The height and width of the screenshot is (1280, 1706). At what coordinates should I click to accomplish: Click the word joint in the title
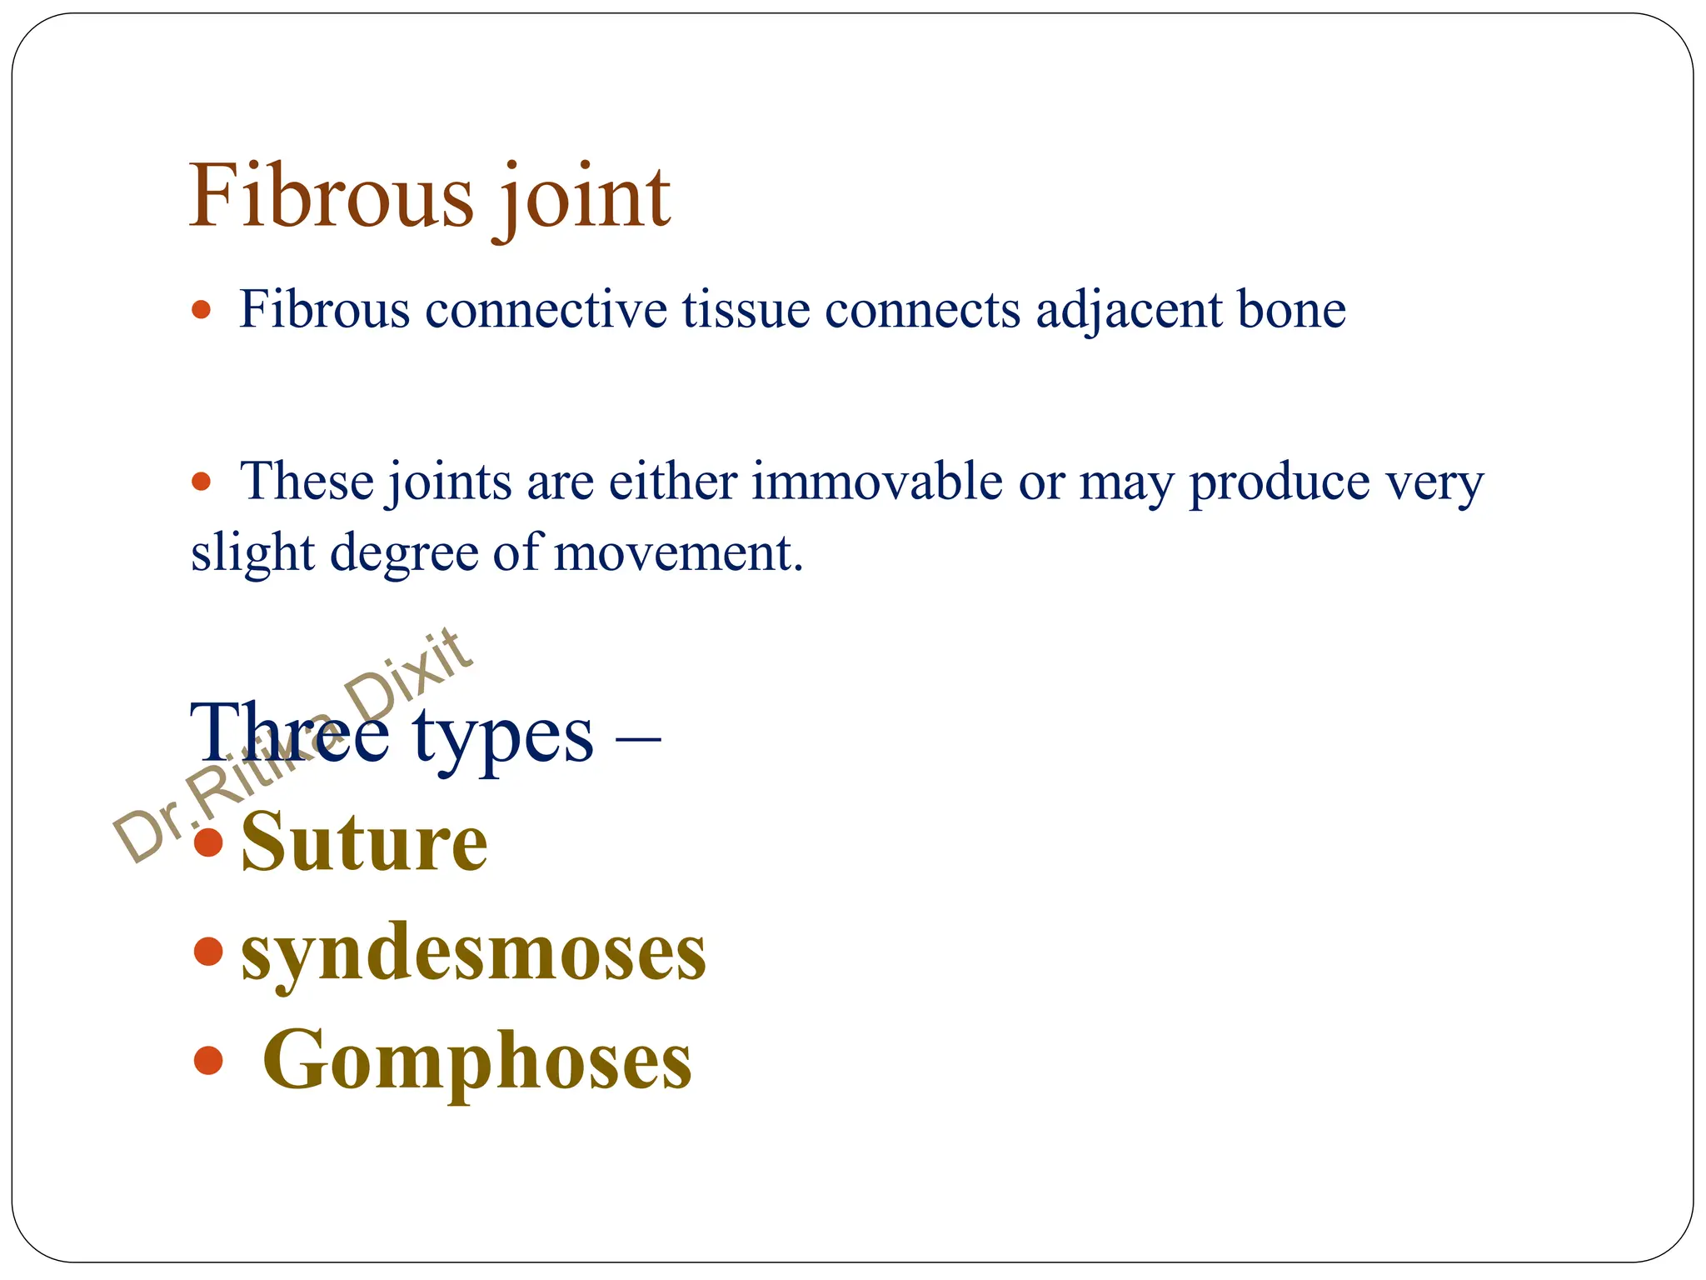tap(585, 198)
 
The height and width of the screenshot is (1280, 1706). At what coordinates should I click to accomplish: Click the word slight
tap(252, 553)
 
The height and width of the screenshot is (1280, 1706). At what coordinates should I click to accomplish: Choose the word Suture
tap(364, 843)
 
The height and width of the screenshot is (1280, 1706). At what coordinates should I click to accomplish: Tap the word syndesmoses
tap(473, 952)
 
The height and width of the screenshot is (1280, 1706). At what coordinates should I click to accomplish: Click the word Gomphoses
tap(476, 1060)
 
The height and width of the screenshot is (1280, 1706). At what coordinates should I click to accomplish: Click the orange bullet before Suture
tap(207, 842)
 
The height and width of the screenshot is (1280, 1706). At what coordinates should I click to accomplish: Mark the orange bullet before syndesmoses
tap(207, 951)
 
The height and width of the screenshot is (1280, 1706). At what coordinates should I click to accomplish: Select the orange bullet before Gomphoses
tap(207, 1061)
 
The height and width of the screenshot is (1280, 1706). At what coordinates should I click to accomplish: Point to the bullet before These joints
tap(202, 482)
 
